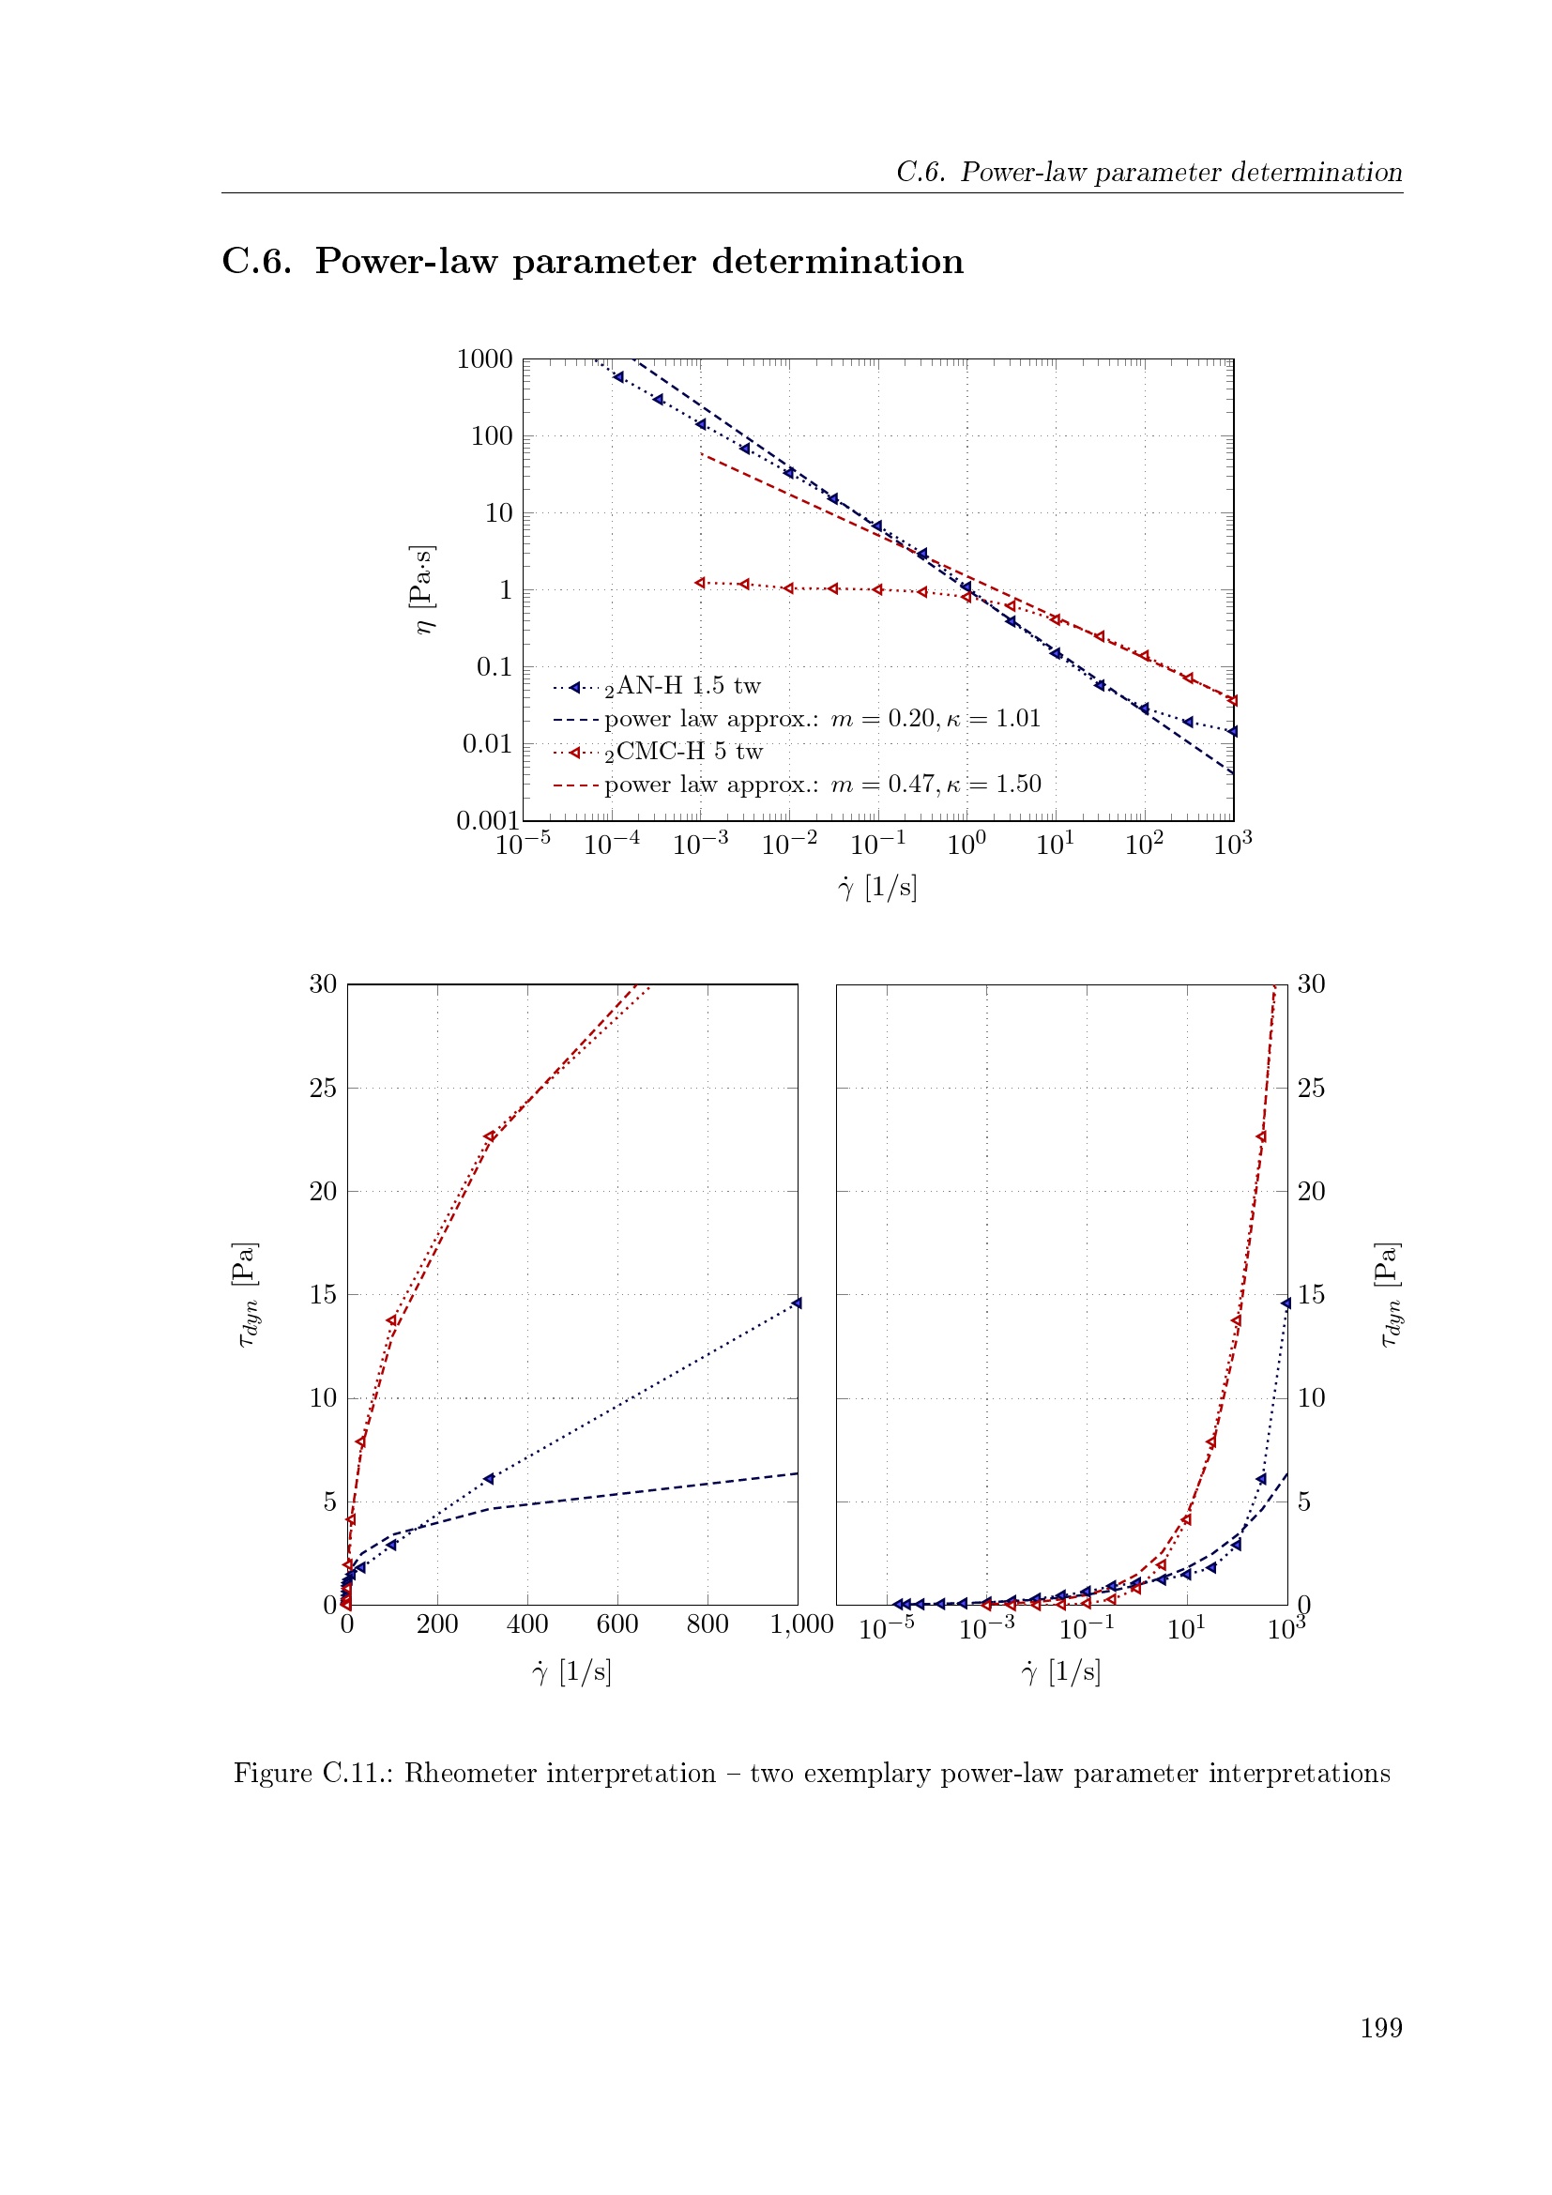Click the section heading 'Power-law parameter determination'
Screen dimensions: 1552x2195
(639, 261)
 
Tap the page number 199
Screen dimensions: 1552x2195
(1381, 2028)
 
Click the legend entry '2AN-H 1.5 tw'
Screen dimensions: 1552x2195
(682, 686)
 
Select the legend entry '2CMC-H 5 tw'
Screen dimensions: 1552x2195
(683, 753)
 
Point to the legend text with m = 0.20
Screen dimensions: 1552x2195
(822, 719)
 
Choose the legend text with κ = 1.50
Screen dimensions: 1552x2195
(822, 785)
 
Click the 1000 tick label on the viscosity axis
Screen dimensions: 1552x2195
(484, 359)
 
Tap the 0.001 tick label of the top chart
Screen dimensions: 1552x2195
(487, 820)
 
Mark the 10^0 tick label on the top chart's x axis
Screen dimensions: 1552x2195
(966, 844)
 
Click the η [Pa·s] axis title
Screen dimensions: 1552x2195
(421, 589)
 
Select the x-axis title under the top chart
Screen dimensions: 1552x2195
(877, 888)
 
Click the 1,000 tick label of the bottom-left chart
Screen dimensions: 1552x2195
(801, 1624)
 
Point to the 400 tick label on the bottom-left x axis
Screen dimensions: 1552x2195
(526, 1624)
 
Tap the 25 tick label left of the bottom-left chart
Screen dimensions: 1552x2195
(323, 1088)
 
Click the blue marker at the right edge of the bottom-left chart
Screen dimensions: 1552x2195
(796, 1303)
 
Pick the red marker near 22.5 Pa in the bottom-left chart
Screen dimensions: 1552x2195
(489, 1136)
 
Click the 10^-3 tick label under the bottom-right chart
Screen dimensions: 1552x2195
(986, 1626)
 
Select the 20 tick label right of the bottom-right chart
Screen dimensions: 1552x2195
(1311, 1191)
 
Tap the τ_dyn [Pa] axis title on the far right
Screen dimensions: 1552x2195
(1390, 1294)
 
